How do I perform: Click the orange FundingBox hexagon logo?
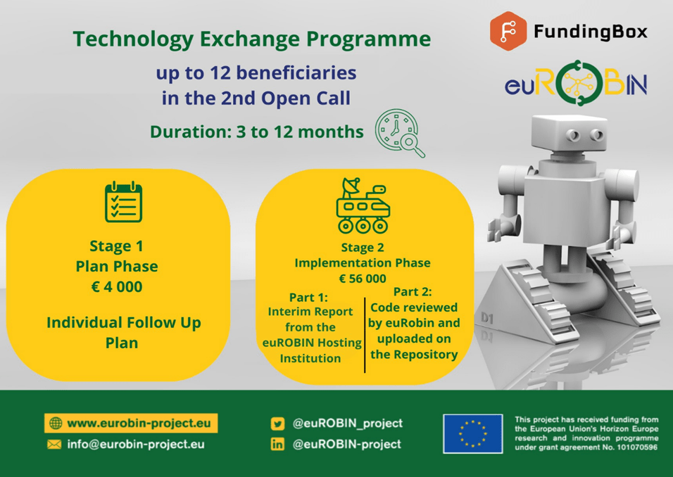pyautogui.click(x=508, y=32)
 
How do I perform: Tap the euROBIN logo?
pyautogui.click(x=576, y=84)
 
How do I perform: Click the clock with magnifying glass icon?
pyautogui.click(x=400, y=133)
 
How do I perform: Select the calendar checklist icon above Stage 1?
pyautogui.click(x=124, y=202)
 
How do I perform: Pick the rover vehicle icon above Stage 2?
pyautogui.click(x=363, y=205)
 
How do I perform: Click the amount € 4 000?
pyautogui.click(x=117, y=286)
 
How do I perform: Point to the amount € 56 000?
pyautogui.click(x=363, y=279)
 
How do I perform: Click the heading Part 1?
pyautogui.click(x=308, y=298)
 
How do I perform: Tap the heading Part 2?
pyautogui.click(x=413, y=292)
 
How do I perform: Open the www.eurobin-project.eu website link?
pyautogui.click(x=139, y=424)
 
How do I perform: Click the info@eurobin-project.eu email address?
pyautogui.click(x=136, y=444)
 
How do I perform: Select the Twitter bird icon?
pyautogui.click(x=277, y=424)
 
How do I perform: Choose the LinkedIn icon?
pyautogui.click(x=277, y=444)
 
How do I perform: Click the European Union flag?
pyautogui.click(x=473, y=433)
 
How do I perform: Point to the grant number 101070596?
pyautogui.click(x=637, y=447)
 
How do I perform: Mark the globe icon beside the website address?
pyautogui.click(x=56, y=424)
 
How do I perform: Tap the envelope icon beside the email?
pyautogui.click(x=54, y=445)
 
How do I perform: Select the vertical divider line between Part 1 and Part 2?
pyautogui.click(x=365, y=335)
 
